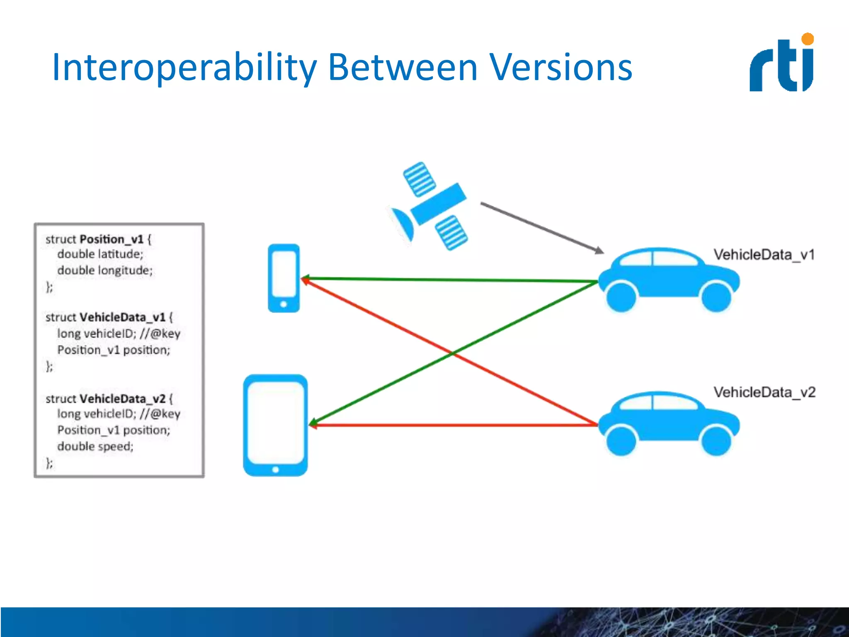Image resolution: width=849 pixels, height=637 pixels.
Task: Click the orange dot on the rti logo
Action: coord(808,39)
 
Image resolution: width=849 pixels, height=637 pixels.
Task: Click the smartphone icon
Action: coord(284,278)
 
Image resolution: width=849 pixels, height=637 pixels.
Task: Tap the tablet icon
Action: coord(275,425)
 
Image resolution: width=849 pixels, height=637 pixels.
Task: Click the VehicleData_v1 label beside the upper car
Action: coord(764,255)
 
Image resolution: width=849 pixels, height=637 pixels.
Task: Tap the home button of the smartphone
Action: coord(284,304)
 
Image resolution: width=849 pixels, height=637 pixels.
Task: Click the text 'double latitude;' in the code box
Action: coord(100,254)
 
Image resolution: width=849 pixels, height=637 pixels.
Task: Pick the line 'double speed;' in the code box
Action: coord(95,446)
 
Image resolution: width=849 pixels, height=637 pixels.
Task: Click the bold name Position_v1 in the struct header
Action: coord(112,239)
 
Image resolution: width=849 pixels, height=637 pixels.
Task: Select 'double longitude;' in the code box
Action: coord(105,270)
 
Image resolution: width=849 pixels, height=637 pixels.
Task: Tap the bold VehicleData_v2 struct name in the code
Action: coord(122,399)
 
